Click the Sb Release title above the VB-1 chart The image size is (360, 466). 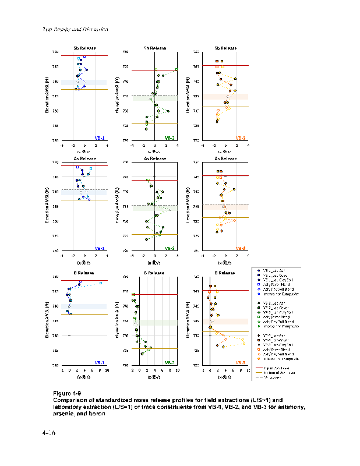tap(84, 48)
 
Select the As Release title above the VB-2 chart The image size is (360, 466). tap(154, 158)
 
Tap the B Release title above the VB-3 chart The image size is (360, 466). tap(224, 272)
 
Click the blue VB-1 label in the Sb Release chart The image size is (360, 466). tap(99, 138)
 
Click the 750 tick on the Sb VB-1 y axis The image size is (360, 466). tap(55, 52)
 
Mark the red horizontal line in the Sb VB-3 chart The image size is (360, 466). tap(225, 66)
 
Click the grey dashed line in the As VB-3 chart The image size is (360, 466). tap(225, 204)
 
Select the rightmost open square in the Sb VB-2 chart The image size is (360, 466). tap(176, 70)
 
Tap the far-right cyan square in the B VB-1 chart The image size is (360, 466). tap(101, 283)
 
